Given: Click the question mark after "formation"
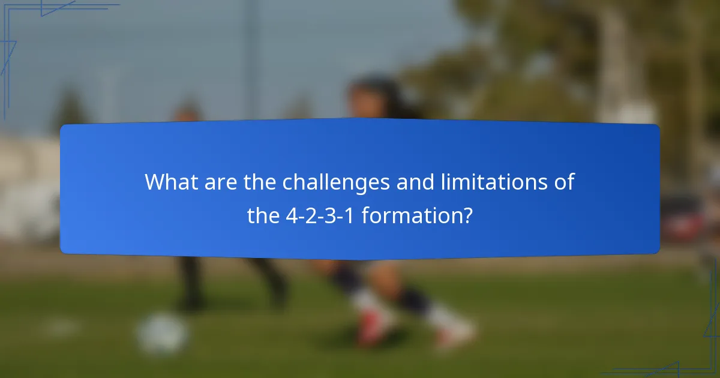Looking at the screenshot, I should pos(466,215).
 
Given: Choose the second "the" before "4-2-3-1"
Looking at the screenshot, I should pos(263,215).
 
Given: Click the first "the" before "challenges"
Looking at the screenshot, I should pos(259,182).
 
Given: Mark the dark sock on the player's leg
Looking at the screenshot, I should pos(414,297).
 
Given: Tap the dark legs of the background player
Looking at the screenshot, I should pos(192,282).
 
